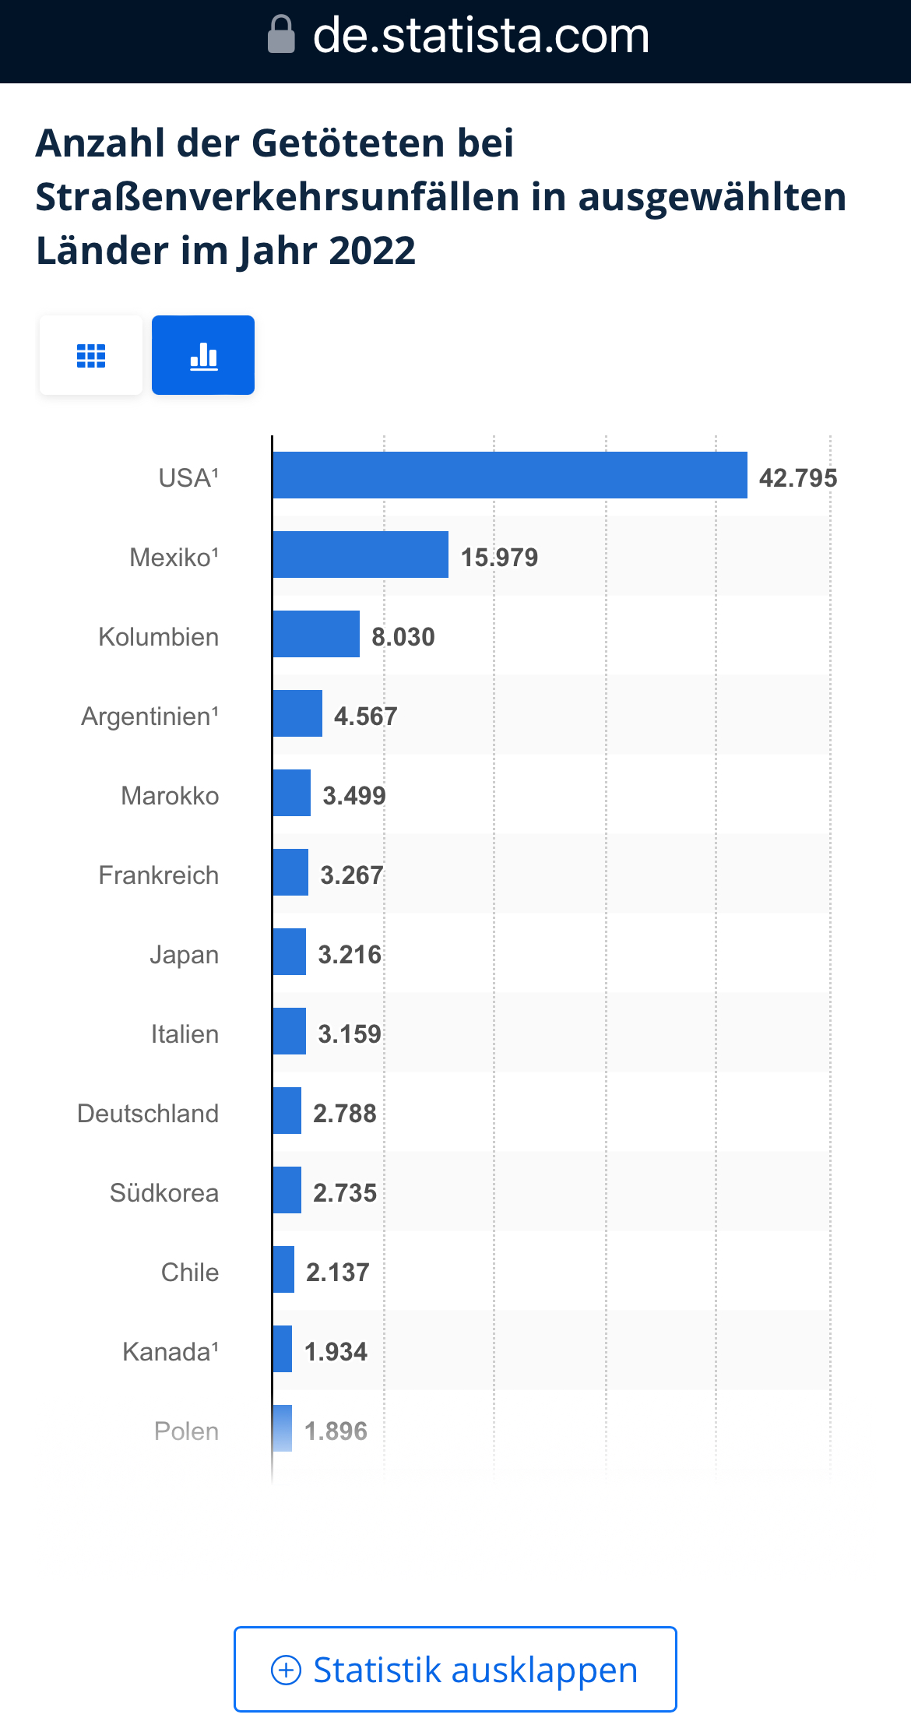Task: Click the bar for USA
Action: coord(510,475)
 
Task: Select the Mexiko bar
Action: coord(361,554)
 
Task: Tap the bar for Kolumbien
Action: coord(316,634)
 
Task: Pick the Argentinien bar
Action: coord(297,713)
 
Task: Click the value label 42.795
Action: coord(798,478)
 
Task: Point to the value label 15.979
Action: coord(499,558)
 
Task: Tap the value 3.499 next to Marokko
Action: coord(354,796)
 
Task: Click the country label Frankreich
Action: coord(159,875)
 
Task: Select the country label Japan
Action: coord(185,955)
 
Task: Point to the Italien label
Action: coord(185,1034)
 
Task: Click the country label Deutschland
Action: coord(148,1114)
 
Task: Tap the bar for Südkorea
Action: coord(287,1190)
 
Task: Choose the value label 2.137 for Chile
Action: coord(337,1273)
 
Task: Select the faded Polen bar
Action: coord(283,1428)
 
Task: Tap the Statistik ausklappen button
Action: coord(455,1669)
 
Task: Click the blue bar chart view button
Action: coord(203,355)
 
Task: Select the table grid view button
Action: coord(91,355)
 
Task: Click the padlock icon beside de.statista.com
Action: coord(281,35)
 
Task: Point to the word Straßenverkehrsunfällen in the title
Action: coord(276,197)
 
